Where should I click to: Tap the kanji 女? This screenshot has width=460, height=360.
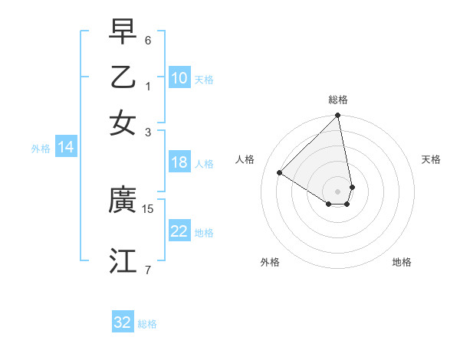[123, 123]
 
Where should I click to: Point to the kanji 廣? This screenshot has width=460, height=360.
[123, 201]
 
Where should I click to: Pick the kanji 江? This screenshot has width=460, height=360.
[123, 260]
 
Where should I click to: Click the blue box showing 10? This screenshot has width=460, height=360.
[179, 78]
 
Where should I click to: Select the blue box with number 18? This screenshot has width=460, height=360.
[179, 162]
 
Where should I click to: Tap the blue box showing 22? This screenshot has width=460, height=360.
[179, 231]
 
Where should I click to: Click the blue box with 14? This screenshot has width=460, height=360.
[66, 148]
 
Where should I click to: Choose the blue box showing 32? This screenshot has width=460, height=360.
[123, 322]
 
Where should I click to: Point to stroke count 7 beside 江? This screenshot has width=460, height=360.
[148, 270]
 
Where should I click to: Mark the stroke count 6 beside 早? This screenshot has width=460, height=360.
[148, 40]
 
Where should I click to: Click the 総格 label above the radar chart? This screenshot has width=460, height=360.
[338, 100]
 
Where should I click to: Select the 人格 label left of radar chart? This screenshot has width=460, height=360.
[245, 159]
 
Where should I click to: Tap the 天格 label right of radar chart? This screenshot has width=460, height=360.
[431, 159]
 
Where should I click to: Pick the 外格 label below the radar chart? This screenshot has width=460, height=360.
[270, 262]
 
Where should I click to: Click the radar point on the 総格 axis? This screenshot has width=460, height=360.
[338, 116]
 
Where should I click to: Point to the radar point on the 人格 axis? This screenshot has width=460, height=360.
[280, 173]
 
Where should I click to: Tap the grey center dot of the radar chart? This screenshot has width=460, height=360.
[338, 191]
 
